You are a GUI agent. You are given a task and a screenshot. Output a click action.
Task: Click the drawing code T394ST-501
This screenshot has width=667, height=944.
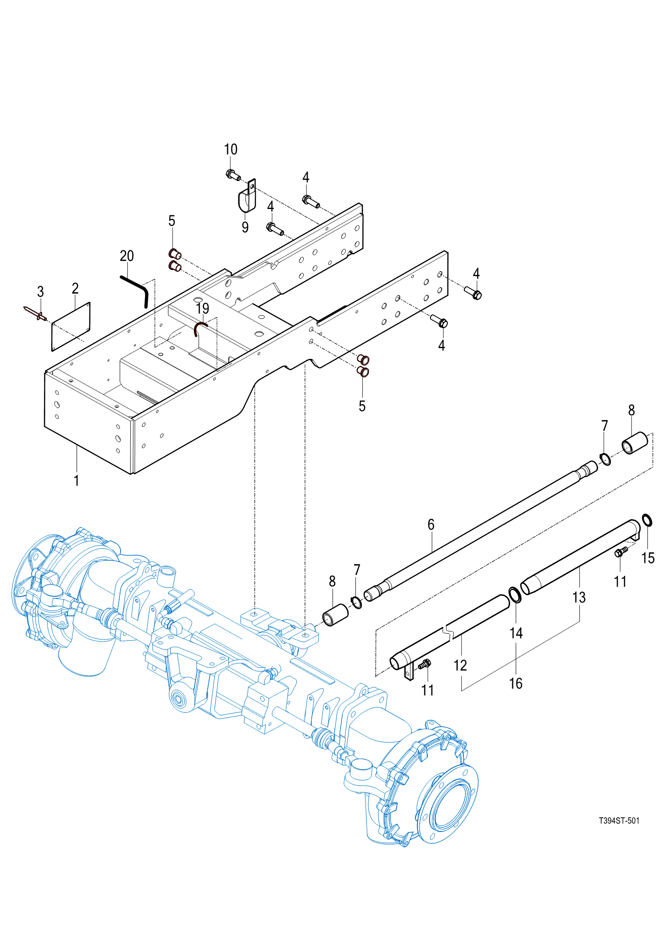click(x=619, y=821)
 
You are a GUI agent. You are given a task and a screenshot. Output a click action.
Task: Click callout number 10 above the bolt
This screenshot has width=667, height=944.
click(x=230, y=149)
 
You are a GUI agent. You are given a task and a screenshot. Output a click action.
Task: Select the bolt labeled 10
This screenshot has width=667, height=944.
click(x=233, y=175)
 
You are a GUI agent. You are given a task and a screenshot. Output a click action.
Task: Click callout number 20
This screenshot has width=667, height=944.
click(x=127, y=256)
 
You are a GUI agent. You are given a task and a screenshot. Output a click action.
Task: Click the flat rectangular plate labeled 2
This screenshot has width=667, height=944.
click(x=71, y=327)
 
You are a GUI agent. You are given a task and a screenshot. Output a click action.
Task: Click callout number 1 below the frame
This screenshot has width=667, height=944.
click(x=76, y=480)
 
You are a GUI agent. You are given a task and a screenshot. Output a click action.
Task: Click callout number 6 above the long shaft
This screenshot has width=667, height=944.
click(x=431, y=525)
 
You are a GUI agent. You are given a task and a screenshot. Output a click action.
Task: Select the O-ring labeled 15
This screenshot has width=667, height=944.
click(x=647, y=520)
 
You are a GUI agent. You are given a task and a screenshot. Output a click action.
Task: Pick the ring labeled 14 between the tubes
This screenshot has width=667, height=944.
click(x=515, y=595)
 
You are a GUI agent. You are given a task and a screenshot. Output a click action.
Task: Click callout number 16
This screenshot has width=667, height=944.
click(x=516, y=683)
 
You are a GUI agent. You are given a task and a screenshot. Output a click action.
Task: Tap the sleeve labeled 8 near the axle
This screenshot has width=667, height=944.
click(x=335, y=615)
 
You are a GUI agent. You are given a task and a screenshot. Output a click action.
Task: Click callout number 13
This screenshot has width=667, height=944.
click(x=579, y=598)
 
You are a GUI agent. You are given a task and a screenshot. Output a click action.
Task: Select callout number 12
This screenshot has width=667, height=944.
click(x=460, y=665)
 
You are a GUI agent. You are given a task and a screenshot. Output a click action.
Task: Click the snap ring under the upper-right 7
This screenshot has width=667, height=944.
click(x=605, y=459)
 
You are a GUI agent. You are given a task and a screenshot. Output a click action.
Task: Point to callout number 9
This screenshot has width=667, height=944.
click(x=245, y=227)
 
